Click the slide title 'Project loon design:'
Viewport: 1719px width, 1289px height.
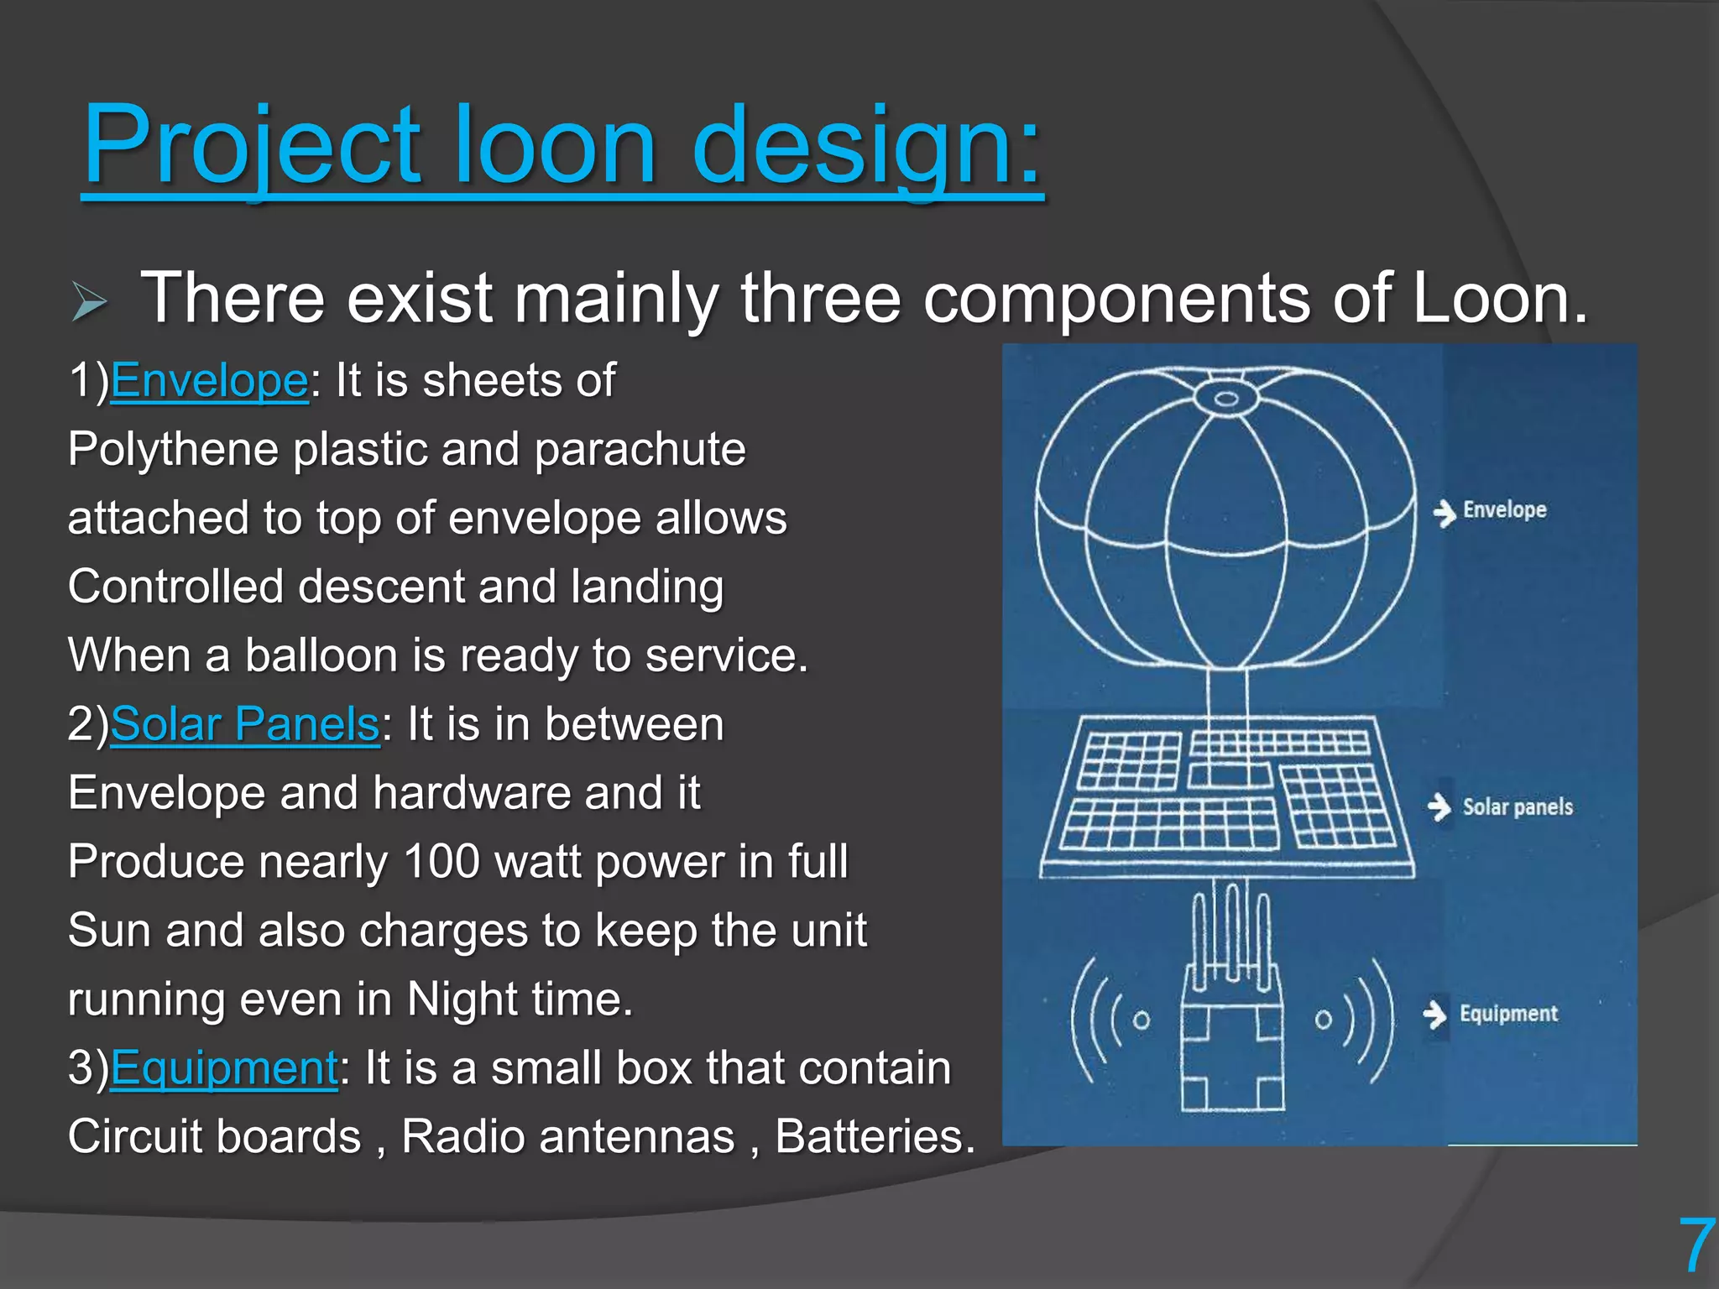point(562,144)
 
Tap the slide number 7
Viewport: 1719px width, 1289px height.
point(1695,1247)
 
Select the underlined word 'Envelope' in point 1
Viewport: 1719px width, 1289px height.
point(209,381)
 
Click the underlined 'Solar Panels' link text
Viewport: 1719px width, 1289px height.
point(244,724)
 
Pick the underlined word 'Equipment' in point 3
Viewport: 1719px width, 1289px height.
point(224,1068)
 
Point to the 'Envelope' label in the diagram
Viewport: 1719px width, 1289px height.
point(1504,510)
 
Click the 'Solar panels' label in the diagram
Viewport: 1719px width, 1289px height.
point(1518,807)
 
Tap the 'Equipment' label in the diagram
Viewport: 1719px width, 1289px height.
point(1508,1014)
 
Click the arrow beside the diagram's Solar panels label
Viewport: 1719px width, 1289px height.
point(1439,807)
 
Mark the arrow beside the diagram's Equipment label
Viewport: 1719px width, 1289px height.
point(1435,1015)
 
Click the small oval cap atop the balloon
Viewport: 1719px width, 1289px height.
point(1226,398)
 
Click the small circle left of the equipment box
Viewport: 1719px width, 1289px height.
point(1141,1020)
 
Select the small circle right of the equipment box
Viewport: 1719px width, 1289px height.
point(1323,1020)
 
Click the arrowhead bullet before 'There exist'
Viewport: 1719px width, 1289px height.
point(89,302)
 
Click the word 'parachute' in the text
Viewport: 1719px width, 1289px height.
point(640,450)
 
